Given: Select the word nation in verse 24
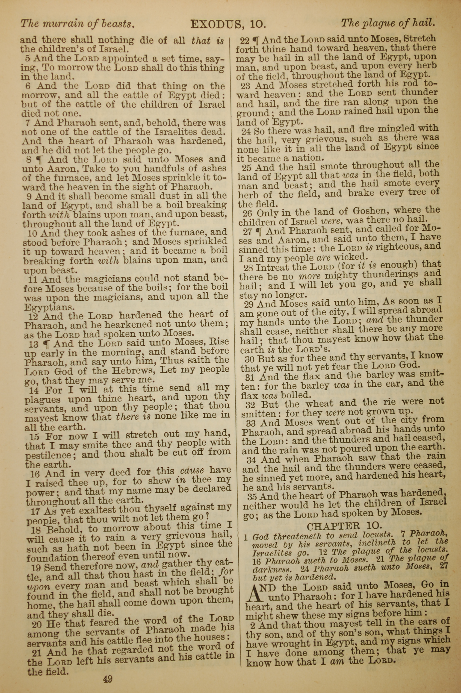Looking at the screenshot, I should pos(310,158).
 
